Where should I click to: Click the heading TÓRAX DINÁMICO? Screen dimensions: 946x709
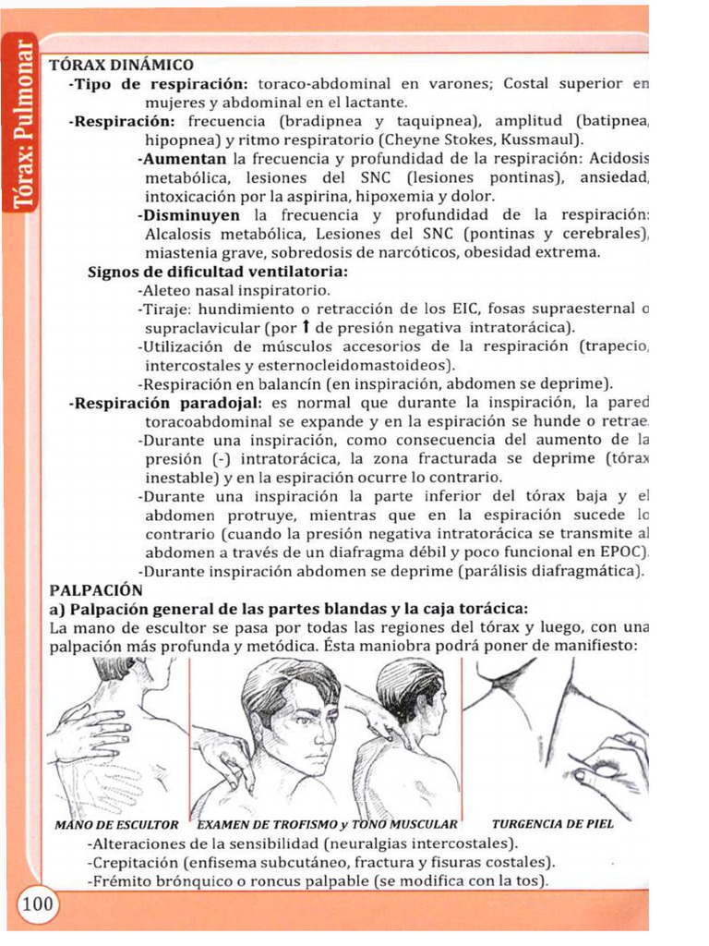coord(121,65)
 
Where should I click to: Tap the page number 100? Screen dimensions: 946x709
coord(37,904)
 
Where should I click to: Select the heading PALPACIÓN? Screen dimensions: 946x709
coord(96,589)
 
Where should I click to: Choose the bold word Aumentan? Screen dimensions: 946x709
coord(182,159)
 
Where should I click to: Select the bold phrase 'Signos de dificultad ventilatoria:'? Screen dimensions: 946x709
coord(218,272)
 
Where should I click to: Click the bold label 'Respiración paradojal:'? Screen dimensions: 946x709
coord(166,403)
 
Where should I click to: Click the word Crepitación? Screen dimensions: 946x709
coord(132,863)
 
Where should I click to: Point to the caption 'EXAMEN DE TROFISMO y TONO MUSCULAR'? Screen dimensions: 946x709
coord(328,823)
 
